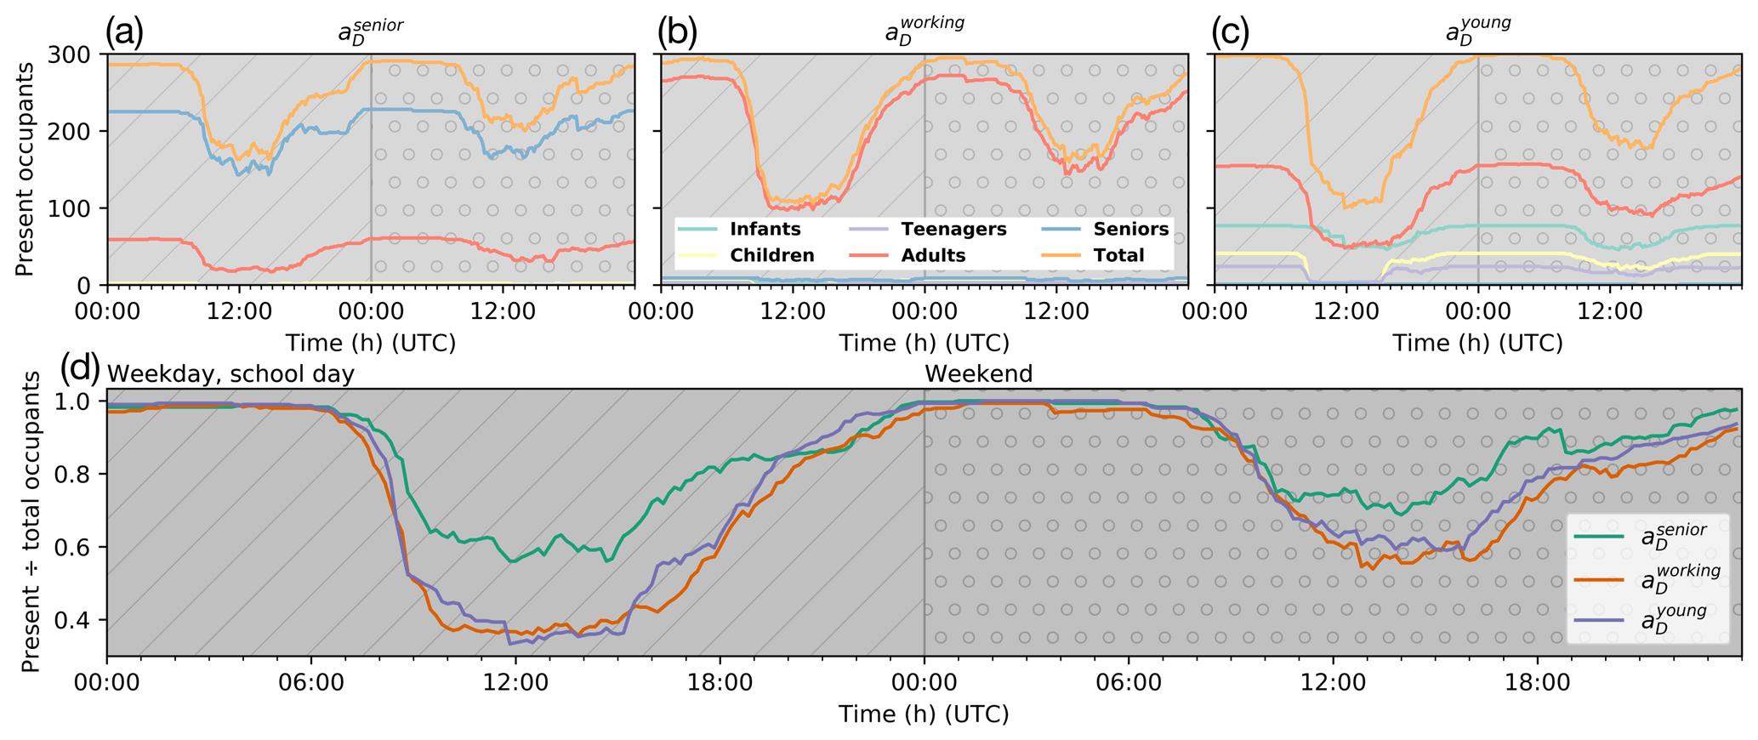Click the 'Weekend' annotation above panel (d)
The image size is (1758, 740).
pyautogui.click(x=978, y=373)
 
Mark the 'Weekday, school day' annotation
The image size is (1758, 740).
pyautogui.click(x=230, y=373)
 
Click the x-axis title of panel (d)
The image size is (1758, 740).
pyautogui.click(x=924, y=714)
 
